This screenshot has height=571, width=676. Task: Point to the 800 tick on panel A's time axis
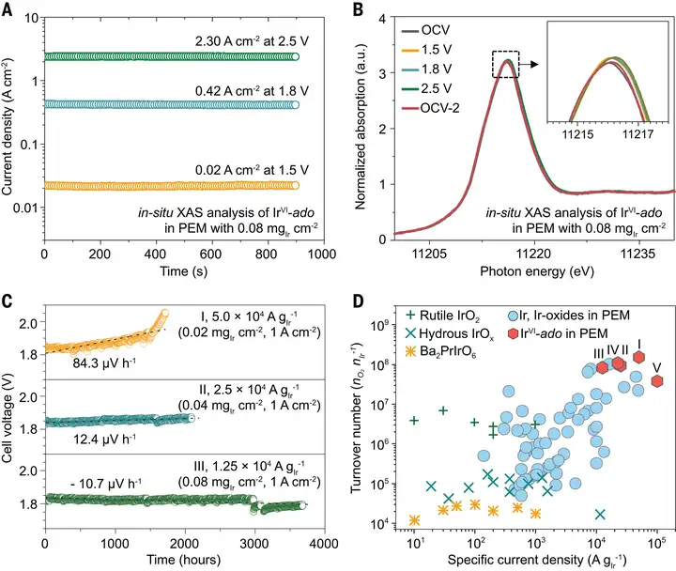coord(268,254)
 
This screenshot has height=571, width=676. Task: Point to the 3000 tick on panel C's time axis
coord(254,543)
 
